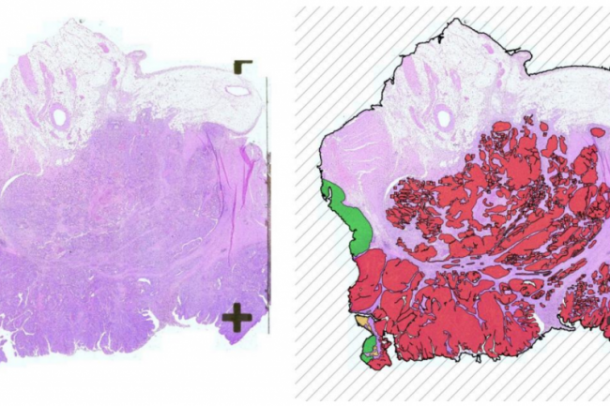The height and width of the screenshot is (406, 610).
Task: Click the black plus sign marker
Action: click(236, 318)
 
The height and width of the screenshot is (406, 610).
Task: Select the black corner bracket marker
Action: click(243, 66)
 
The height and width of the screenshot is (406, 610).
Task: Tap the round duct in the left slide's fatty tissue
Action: click(60, 117)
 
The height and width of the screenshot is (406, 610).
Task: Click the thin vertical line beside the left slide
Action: click(268, 206)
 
